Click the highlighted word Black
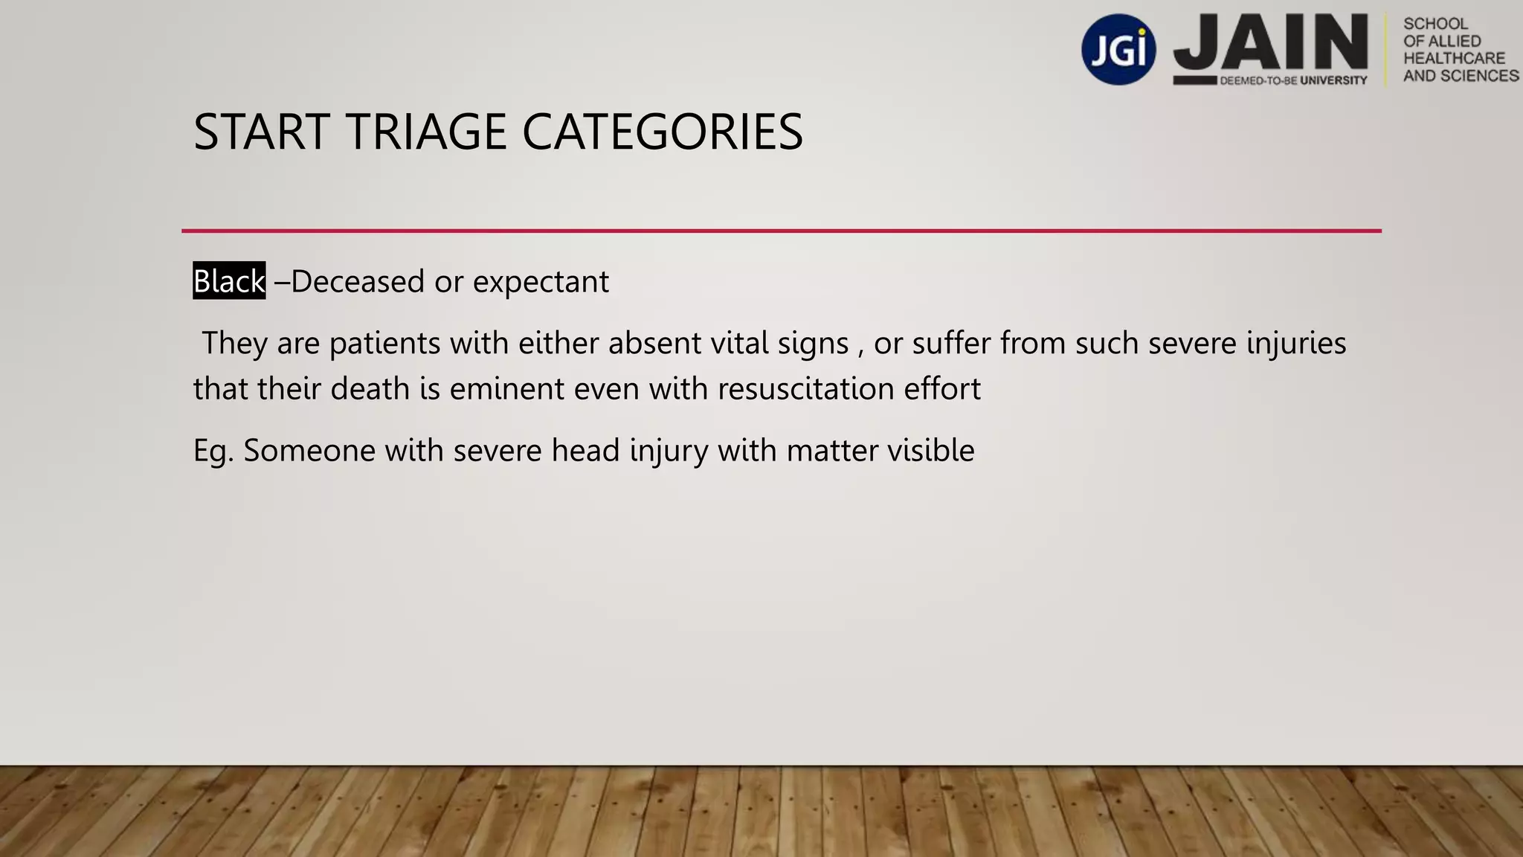(229, 281)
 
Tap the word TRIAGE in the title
(427, 132)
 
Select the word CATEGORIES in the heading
(662, 132)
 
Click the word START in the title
(261, 132)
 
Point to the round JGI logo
(1118, 49)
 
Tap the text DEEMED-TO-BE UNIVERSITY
(1293, 80)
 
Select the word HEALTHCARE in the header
(1454, 58)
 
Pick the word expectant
(541, 282)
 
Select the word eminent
(496, 389)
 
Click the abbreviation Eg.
(213, 452)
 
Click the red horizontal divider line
(781, 231)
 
